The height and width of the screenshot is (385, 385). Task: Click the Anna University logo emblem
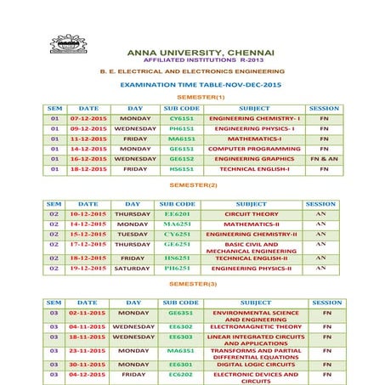[x=68, y=45]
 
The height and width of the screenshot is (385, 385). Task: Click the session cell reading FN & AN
[x=324, y=158]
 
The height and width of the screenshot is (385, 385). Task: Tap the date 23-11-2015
[x=87, y=350]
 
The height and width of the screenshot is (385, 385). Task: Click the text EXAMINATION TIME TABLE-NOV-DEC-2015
[x=200, y=85]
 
